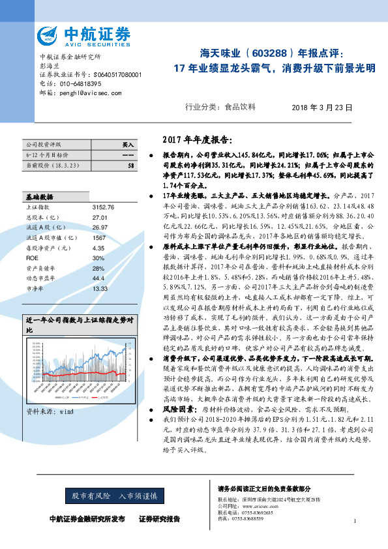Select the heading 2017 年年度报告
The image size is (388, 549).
pyautogui.click(x=195, y=140)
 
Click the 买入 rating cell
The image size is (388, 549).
pyautogui.click(x=128, y=143)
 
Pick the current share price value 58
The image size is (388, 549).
pyautogui.click(x=131, y=166)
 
